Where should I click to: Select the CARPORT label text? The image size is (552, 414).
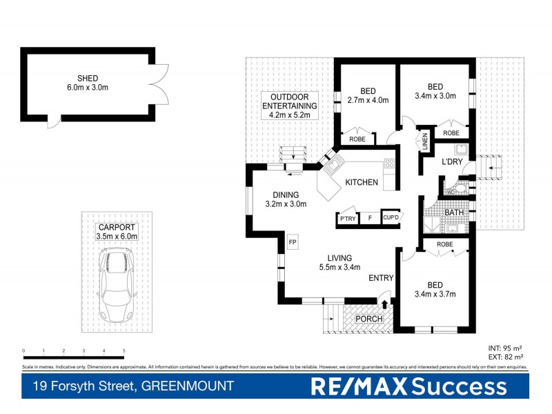coord(117,227)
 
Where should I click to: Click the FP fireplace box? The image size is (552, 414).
coord(293,243)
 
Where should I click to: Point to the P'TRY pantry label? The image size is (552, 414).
coord(346,219)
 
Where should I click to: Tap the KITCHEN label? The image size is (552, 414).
coord(362,182)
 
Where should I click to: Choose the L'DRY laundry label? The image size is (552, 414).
coord(452,162)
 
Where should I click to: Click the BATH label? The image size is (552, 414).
coord(453,212)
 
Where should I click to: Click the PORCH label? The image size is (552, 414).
coord(368,319)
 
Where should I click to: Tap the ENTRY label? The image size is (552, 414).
coord(381,278)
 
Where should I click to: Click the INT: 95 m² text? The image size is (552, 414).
coord(506,348)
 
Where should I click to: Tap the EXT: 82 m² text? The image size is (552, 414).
coord(506,357)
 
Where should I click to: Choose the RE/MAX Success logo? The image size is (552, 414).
coord(409,386)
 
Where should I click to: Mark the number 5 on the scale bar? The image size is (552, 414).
coord(124,351)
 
